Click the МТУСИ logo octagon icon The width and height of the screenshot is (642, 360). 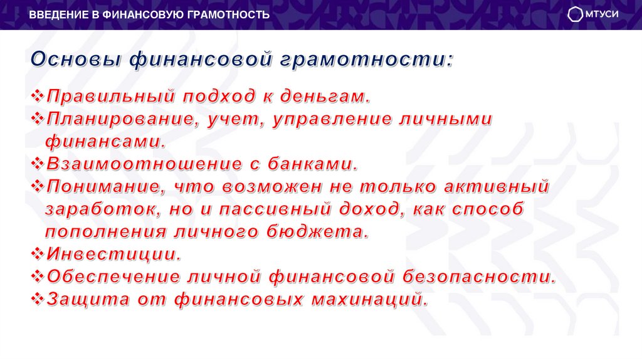(575, 15)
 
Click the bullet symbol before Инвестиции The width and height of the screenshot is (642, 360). (37, 253)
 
